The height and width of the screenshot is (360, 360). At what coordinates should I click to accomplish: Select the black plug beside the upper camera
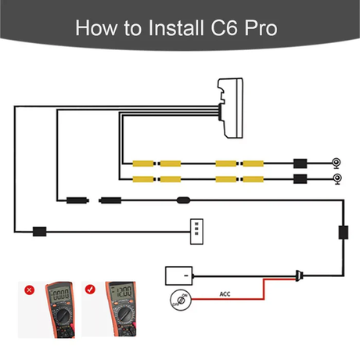(298, 164)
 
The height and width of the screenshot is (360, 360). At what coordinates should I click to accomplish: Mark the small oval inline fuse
(184, 200)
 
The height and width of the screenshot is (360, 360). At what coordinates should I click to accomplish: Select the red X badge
(30, 290)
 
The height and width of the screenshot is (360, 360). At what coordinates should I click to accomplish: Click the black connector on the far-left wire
(38, 232)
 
